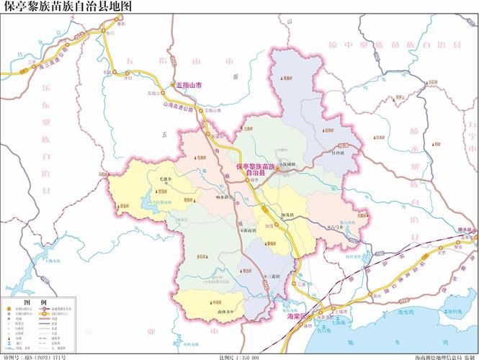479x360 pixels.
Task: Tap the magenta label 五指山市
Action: pyautogui.click(x=189, y=85)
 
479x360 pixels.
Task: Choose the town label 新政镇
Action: pyautogui.click(x=249, y=230)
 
